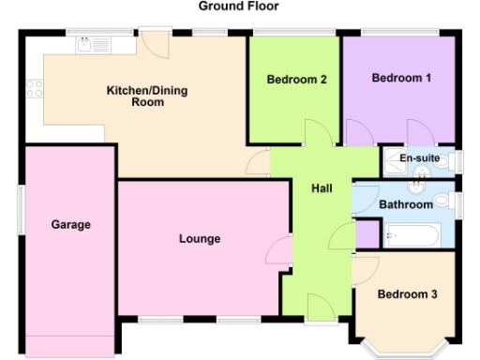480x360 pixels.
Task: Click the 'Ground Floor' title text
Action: (238, 6)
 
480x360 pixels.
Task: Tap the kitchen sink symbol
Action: (94, 43)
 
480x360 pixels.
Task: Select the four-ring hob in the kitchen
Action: (35, 90)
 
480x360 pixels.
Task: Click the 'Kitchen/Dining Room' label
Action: (134, 97)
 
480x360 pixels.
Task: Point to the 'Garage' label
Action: (70, 225)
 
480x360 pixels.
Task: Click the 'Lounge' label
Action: (199, 239)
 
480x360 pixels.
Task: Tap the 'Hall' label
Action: (322, 189)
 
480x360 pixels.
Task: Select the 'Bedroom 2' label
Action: (295, 80)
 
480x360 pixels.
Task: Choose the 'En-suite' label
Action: (419, 158)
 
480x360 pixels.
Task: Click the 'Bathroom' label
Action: (406, 204)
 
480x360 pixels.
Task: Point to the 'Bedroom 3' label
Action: (407, 294)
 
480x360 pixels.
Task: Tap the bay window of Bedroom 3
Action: (406, 350)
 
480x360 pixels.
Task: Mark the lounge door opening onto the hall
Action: (280, 249)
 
